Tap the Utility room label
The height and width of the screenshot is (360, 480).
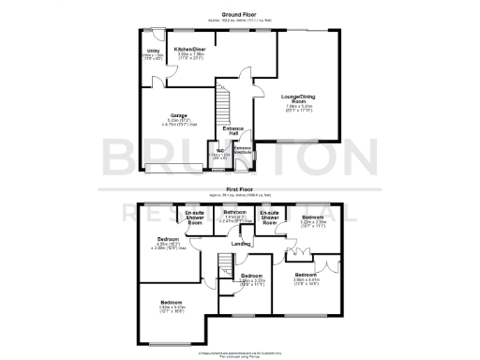pos(151,51)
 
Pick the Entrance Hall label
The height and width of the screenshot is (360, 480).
pos(233,131)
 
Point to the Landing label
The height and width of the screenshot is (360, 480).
pos(241,245)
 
